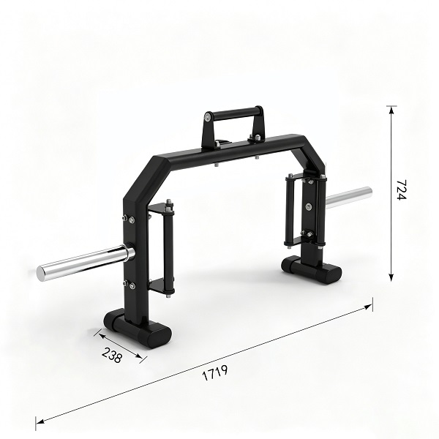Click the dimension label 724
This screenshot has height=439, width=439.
click(401, 190)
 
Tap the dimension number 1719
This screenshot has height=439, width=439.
click(214, 372)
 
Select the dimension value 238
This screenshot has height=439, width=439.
click(112, 355)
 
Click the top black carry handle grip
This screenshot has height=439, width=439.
click(234, 113)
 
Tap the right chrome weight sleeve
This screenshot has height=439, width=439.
click(349, 198)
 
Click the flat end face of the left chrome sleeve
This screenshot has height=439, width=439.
click(40, 274)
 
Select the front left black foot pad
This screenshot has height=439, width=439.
click(138, 328)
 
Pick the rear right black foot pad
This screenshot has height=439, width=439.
click(312, 269)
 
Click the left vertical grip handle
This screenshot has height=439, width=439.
click(168, 247)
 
